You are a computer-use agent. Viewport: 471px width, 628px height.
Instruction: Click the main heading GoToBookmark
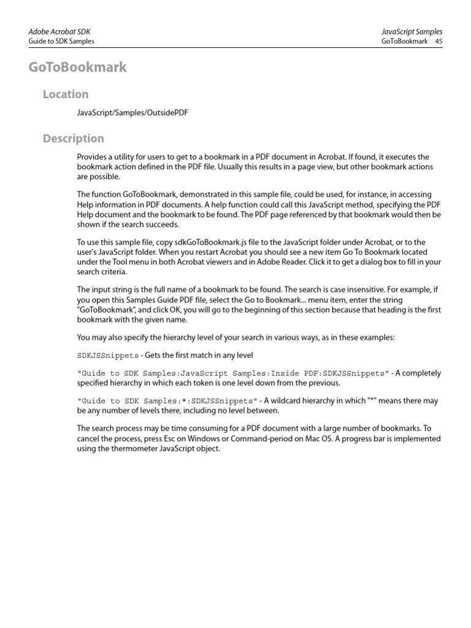tap(77, 67)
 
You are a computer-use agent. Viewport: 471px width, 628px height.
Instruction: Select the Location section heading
tap(66, 94)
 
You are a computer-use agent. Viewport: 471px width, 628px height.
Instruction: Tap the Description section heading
tap(74, 139)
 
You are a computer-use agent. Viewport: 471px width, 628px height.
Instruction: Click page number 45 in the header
tap(438, 41)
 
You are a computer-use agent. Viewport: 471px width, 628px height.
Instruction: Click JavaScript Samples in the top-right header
tap(411, 31)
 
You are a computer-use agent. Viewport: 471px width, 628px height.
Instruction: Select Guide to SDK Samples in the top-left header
tap(61, 41)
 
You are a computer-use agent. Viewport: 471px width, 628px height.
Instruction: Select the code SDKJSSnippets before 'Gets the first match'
tap(104, 356)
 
